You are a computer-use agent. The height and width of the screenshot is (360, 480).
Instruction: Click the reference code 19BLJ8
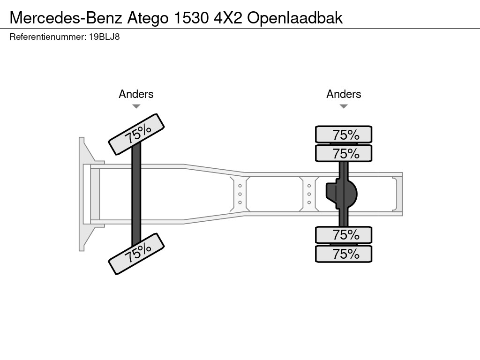(104, 37)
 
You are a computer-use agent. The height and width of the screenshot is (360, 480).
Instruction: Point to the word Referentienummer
(47, 37)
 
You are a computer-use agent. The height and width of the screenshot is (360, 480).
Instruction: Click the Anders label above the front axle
(136, 94)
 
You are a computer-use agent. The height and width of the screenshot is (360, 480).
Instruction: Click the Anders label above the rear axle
(344, 94)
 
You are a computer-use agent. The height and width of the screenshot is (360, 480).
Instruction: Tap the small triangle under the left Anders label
(136, 106)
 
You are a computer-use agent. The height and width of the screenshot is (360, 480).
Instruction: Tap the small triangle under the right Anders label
(344, 106)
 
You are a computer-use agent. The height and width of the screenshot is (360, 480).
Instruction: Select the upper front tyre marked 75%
(136, 134)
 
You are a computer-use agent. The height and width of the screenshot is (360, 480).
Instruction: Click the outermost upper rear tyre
(344, 135)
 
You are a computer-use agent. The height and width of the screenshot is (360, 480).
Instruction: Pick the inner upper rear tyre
(344, 153)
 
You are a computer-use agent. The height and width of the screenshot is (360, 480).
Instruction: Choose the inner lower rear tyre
(344, 234)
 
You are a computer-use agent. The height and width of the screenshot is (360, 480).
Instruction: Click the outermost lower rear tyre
(344, 254)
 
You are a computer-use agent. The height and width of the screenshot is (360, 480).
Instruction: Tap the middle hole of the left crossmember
(240, 194)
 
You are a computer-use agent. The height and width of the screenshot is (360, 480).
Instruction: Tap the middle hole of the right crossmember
(309, 194)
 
